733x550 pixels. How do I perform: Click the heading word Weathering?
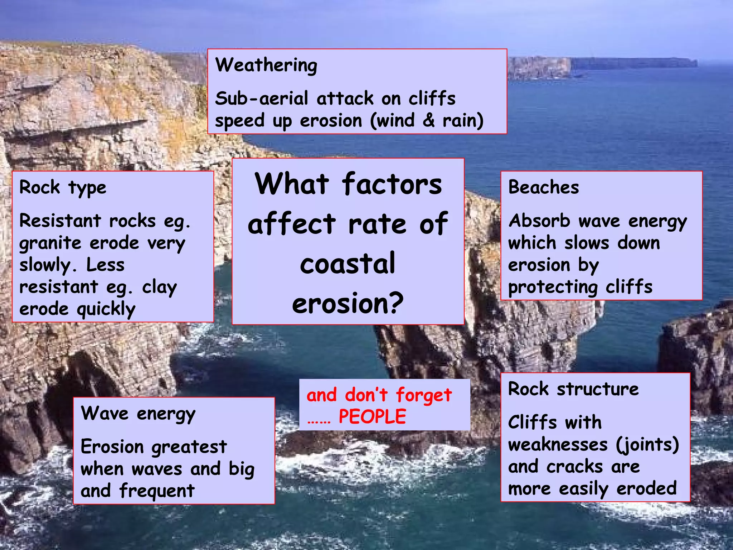pyautogui.click(x=266, y=66)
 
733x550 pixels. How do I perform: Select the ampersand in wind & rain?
pyautogui.click(x=428, y=120)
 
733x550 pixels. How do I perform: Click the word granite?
pyautogui.click(x=50, y=243)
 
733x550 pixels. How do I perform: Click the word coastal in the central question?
pyautogui.click(x=348, y=264)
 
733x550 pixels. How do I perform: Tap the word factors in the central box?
pyautogui.click(x=392, y=184)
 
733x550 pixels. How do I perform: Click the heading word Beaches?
pyautogui.click(x=543, y=187)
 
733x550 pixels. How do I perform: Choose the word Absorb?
pyautogui.click(x=539, y=221)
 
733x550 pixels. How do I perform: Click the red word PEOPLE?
pyautogui.click(x=372, y=416)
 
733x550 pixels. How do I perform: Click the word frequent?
pyautogui.click(x=157, y=491)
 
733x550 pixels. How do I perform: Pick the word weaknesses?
pyautogui.click(x=558, y=445)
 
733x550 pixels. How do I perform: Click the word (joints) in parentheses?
pyautogui.click(x=647, y=445)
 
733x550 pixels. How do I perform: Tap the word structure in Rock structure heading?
pyautogui.click(x=597, y=389)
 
